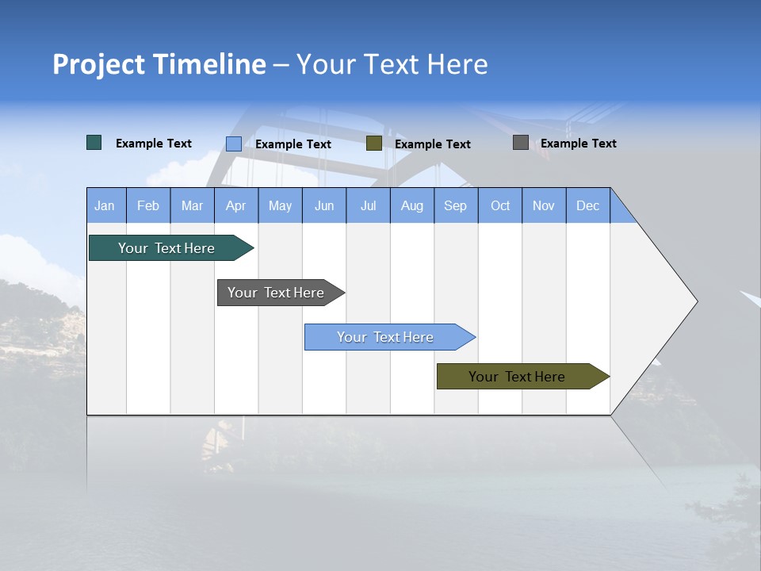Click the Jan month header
pyautogui.click(x=105, y=205)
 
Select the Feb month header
pyautogui.click(x=148, y=205)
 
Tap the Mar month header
pyautogui.click(x=192, y=205)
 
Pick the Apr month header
pyautogui.click(x=236, y=205)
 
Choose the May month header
pyautogui.click(x=280, y=205)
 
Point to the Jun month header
pyautogui.click(x=324, y=205)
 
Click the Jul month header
pyautogui.click(x=368, y=205)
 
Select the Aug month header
pyautogui.click(x=412, y=205)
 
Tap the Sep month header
pyautogui.click(x=456, y=205)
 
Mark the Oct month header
pyautogui.click(x=500, y=205)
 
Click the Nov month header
pyautogui.click(x=544, y=205)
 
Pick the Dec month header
pyautogui.click(x=588, y=205)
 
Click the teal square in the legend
pyautogui.click(x=94, y=143)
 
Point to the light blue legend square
pyautogui.click(x=234, y=144)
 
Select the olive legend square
pyautogui.click(x=374, y=143)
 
